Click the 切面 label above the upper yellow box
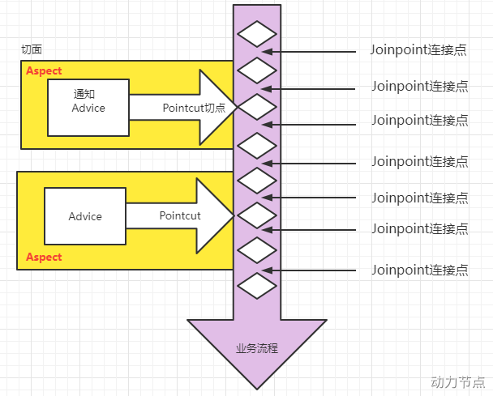pyautogui.click(x=32, y=49)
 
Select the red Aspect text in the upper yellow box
pyautogui.click(x=44, y=70)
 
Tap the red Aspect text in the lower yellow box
pyautogui.click(x=44, y=257)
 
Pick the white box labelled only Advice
pyautogui.click(x=85, y=216)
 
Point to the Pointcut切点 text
pyautogui.click(x=193, y=108)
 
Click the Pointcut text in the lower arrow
pyautogui.click(x=179, y=215)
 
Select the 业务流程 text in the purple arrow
pyautogui.click(x=256, y=348)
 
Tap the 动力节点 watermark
pyautogui.click(x=457, y=381)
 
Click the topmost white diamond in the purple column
pyautogui.click(x=257, y=35)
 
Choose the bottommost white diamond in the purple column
pyautogui.click(x=257, y=285)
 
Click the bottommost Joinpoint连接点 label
pyautogui.click(x=419, y=269)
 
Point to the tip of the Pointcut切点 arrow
pyautogui.click(x=236, y=106)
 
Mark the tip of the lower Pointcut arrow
pyautogui.click(x=234, y=215)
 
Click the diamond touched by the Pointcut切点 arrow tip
pyautogui.click(x=257, y=106)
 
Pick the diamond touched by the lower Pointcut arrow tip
pyautogui.click(x=257, y=215)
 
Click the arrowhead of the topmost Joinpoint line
pyautogui.click(x=274, y=52)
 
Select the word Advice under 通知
pyautogui.click(x=88, y=108)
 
